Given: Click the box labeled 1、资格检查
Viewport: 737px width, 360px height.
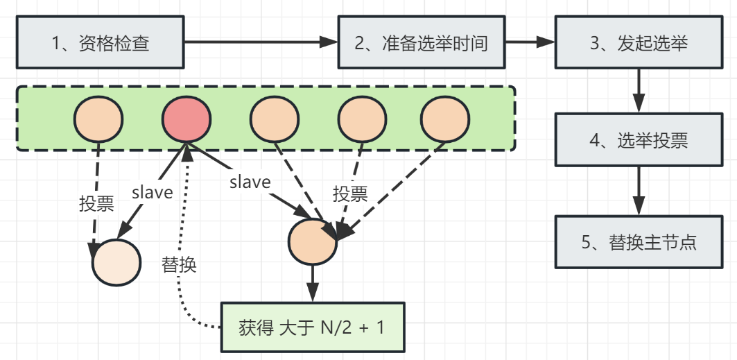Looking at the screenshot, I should coord(100,43).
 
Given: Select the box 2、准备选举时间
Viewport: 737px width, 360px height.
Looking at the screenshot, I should coord(421,43).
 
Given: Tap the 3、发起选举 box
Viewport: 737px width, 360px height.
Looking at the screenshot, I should coord(638,43).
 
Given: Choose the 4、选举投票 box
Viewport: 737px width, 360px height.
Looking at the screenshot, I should coord(638,140).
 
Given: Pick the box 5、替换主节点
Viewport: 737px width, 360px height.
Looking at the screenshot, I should coord(638,242).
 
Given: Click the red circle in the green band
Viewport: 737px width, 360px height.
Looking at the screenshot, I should coord(187,120).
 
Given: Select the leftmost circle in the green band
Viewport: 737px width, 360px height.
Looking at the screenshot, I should coord(99,120).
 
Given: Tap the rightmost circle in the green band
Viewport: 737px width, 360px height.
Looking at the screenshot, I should coord(446,120).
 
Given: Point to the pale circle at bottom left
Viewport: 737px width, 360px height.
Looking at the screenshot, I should coord(116,263).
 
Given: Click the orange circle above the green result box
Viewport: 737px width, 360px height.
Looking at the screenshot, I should coord(313,242).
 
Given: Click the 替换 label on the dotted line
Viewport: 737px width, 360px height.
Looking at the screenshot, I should coord(179,264).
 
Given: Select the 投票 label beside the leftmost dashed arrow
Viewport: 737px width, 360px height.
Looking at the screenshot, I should coord(97,204).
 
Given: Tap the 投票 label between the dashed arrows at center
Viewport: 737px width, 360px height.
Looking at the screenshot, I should coord(350,194).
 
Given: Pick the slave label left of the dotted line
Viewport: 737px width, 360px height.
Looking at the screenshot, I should coord(152,192).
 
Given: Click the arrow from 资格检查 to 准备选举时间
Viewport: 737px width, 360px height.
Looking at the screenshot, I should coord(260,43).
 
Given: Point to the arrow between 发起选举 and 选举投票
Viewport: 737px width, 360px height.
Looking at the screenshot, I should coord(638,90).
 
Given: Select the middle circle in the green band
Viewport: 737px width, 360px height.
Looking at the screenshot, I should coord(275,120).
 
